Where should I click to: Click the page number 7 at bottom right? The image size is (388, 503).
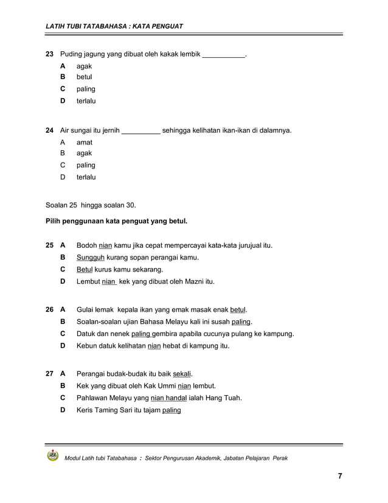pos(339,476)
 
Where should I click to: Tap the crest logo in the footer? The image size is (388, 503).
pos(53,457)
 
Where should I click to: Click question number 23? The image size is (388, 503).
pos(50,54)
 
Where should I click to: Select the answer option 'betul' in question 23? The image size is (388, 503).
pos(85,77)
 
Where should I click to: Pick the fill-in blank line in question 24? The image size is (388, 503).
pos(141,130)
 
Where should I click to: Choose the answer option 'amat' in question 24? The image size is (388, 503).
pos(85,142)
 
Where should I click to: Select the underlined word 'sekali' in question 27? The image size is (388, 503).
pos(182,374)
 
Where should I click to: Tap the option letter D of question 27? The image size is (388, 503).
pos(63,410)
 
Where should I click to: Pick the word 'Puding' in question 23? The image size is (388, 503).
pos(71,54)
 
